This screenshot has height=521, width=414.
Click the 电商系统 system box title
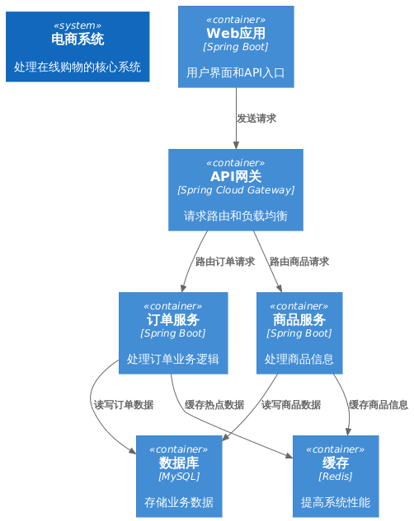pyautogui.click(x=78, y=40)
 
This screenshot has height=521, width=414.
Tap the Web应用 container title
pyautogui.click(x=236, y=34)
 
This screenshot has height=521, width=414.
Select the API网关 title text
pyautogui.click(x=236, y=176)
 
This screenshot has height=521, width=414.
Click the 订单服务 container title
pyautogui.click(x=173, y=320)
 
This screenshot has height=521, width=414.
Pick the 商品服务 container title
pyautogui.click(x=299, y=320)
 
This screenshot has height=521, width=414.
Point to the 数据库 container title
pyautogui.click(x=179, y=463)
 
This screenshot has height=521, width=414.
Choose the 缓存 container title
pyautogui.click(x=336, y=463)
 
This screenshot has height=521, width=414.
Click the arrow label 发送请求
pyautogui.click(x=256, y=119)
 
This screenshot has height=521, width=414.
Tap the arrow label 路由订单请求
pyautogui.click(x=225, y=263)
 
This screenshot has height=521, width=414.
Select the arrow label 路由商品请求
pyautogui.click(x=299, y=263)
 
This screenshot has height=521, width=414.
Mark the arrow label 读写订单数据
pyautogui.click(x=124, y=405)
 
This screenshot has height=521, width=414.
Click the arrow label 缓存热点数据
pyautogui.click(x=214, y=405)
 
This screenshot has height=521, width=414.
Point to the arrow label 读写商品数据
pyautogui.click(x=291, y=405)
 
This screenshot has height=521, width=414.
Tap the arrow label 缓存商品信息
pyautogui.click(x=379, y=405)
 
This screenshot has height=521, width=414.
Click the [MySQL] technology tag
pyautogui.click(x=179, y=477)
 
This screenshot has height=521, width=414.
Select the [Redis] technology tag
pyautogui.click(x=336, y=477)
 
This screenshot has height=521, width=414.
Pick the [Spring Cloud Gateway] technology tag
pyautogui.click(x=236, y=190)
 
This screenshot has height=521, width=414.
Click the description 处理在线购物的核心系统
pyautogui.click(x=78, y=67)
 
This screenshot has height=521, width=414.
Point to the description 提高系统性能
pyautogui.click(x=336, y=502)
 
